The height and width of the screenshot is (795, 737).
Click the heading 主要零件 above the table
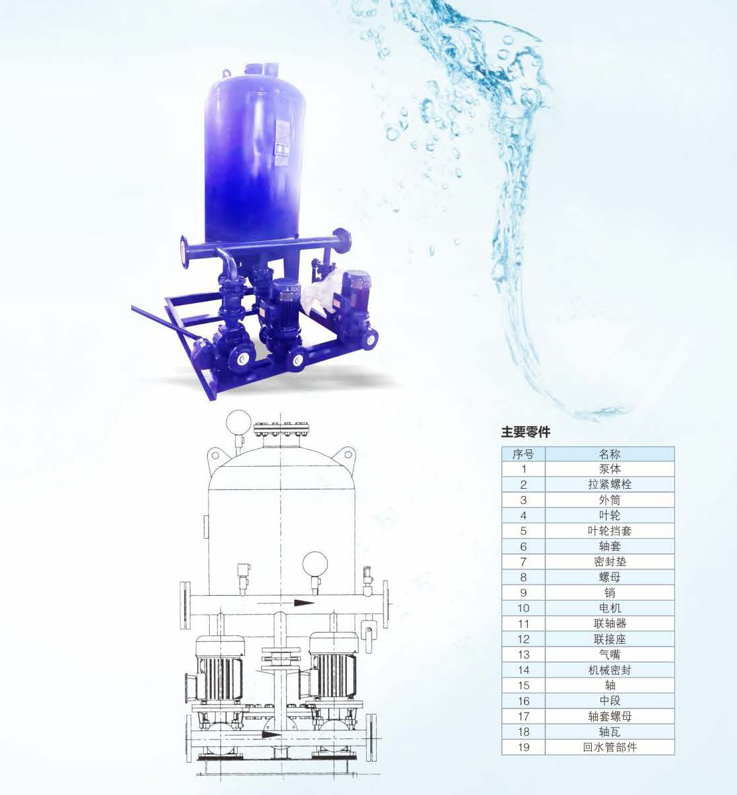[x=526, y=432]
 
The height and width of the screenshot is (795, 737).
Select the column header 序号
[x=523, y=454]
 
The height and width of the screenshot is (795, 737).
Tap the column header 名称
[x=610, y=454]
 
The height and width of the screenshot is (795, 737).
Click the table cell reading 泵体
[x=610, y=469]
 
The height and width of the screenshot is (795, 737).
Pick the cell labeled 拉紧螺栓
[x=610, y=484]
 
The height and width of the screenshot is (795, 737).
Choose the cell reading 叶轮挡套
[x=610, y=531]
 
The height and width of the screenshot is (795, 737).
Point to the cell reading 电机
[x=610, y=608]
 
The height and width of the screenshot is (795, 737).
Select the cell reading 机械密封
[x=610, y=670]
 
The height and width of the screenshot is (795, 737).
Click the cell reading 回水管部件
[x=610, y=747]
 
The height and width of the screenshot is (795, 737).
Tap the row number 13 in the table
[x=523, y=655]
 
